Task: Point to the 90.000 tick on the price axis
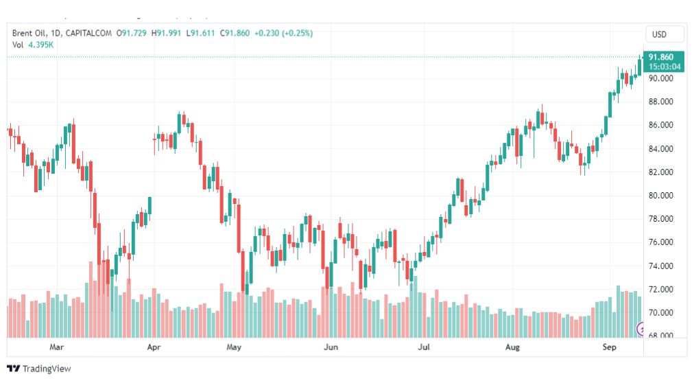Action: [661, 78]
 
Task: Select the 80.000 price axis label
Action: [661, 196]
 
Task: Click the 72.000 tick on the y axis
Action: [661, 289]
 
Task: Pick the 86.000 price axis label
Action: [661, 125]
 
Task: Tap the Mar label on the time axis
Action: [56, 347]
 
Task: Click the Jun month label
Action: [331, 347]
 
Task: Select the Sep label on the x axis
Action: [610, 347]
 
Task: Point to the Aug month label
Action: [512, 347]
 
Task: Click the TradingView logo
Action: [39, 369]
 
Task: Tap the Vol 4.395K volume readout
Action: [33, 45]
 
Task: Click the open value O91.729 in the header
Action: [132, 33]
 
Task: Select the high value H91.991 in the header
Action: [167, 33]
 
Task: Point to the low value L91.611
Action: [200, 33]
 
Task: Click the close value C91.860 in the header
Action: [235, 33]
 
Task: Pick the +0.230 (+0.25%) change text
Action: [284, 33]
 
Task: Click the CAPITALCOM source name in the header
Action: [88, 33]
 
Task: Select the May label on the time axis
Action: [234, 347]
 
